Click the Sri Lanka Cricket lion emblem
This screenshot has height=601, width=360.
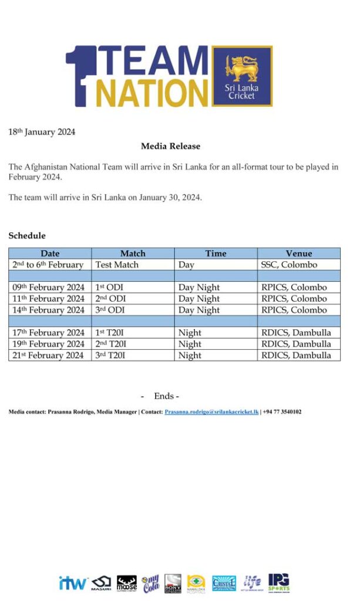pos(242,68)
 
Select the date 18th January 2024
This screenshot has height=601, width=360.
pos(42,132)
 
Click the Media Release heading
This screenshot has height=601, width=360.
pos(170,146)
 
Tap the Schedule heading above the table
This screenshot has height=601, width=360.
pos(27,235)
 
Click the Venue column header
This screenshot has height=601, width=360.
pos(298,254)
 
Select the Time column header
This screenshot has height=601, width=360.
pos(216,254)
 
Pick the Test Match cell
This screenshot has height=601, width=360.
pos(117,265)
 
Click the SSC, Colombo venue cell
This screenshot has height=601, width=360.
pos(289,265)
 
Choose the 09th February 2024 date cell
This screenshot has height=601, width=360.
pos(49,288)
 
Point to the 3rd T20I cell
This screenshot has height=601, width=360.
pos(112,355)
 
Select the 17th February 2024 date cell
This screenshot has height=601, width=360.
pos(49,333)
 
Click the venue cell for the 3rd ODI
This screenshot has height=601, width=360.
pos(294,310)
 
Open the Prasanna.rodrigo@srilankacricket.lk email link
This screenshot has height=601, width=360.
pos(211,412)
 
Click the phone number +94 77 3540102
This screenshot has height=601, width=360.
pos(282,412)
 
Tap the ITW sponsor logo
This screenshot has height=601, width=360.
pos(73,583)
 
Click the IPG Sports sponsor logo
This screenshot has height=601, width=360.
pos(278,582)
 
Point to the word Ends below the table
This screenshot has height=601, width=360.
pos(164,396)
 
